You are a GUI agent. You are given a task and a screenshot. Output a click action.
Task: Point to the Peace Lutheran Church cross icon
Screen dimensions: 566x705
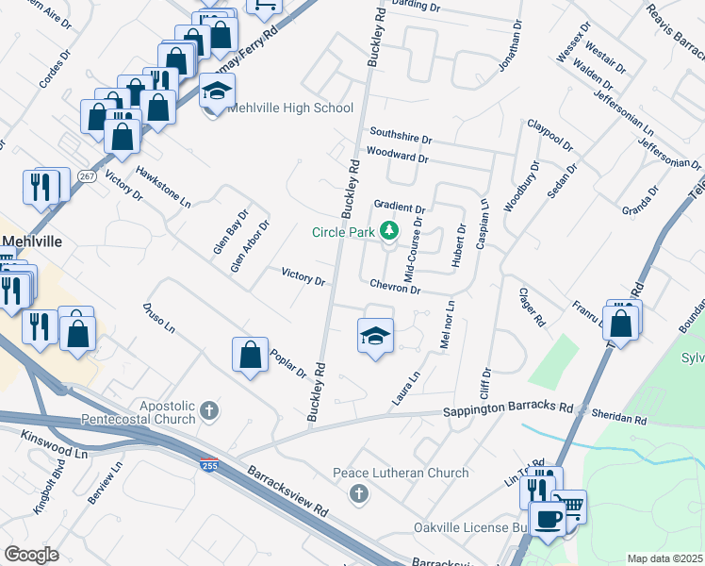[358, 493]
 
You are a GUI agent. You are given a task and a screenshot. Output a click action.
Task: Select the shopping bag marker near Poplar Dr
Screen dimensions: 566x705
[251, 356]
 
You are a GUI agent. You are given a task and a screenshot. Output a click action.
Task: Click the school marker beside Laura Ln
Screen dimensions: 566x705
[375, 336]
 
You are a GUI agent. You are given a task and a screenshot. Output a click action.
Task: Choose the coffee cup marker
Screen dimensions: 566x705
[547, 518]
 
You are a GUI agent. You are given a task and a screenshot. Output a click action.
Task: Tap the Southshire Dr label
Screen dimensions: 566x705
[400, 136]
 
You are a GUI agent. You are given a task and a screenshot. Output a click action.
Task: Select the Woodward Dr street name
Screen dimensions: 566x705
[397, 156]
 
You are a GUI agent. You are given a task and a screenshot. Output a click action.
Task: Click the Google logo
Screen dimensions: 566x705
[31, 555]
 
